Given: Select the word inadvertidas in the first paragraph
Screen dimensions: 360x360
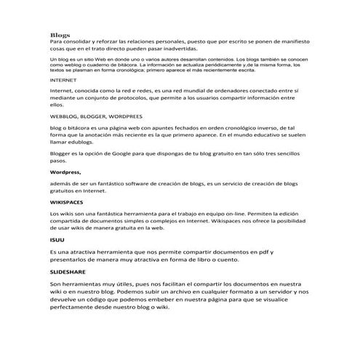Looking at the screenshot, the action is click(x=177, y=49).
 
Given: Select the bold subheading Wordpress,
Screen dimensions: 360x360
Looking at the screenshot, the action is click(x=65, y=173).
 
